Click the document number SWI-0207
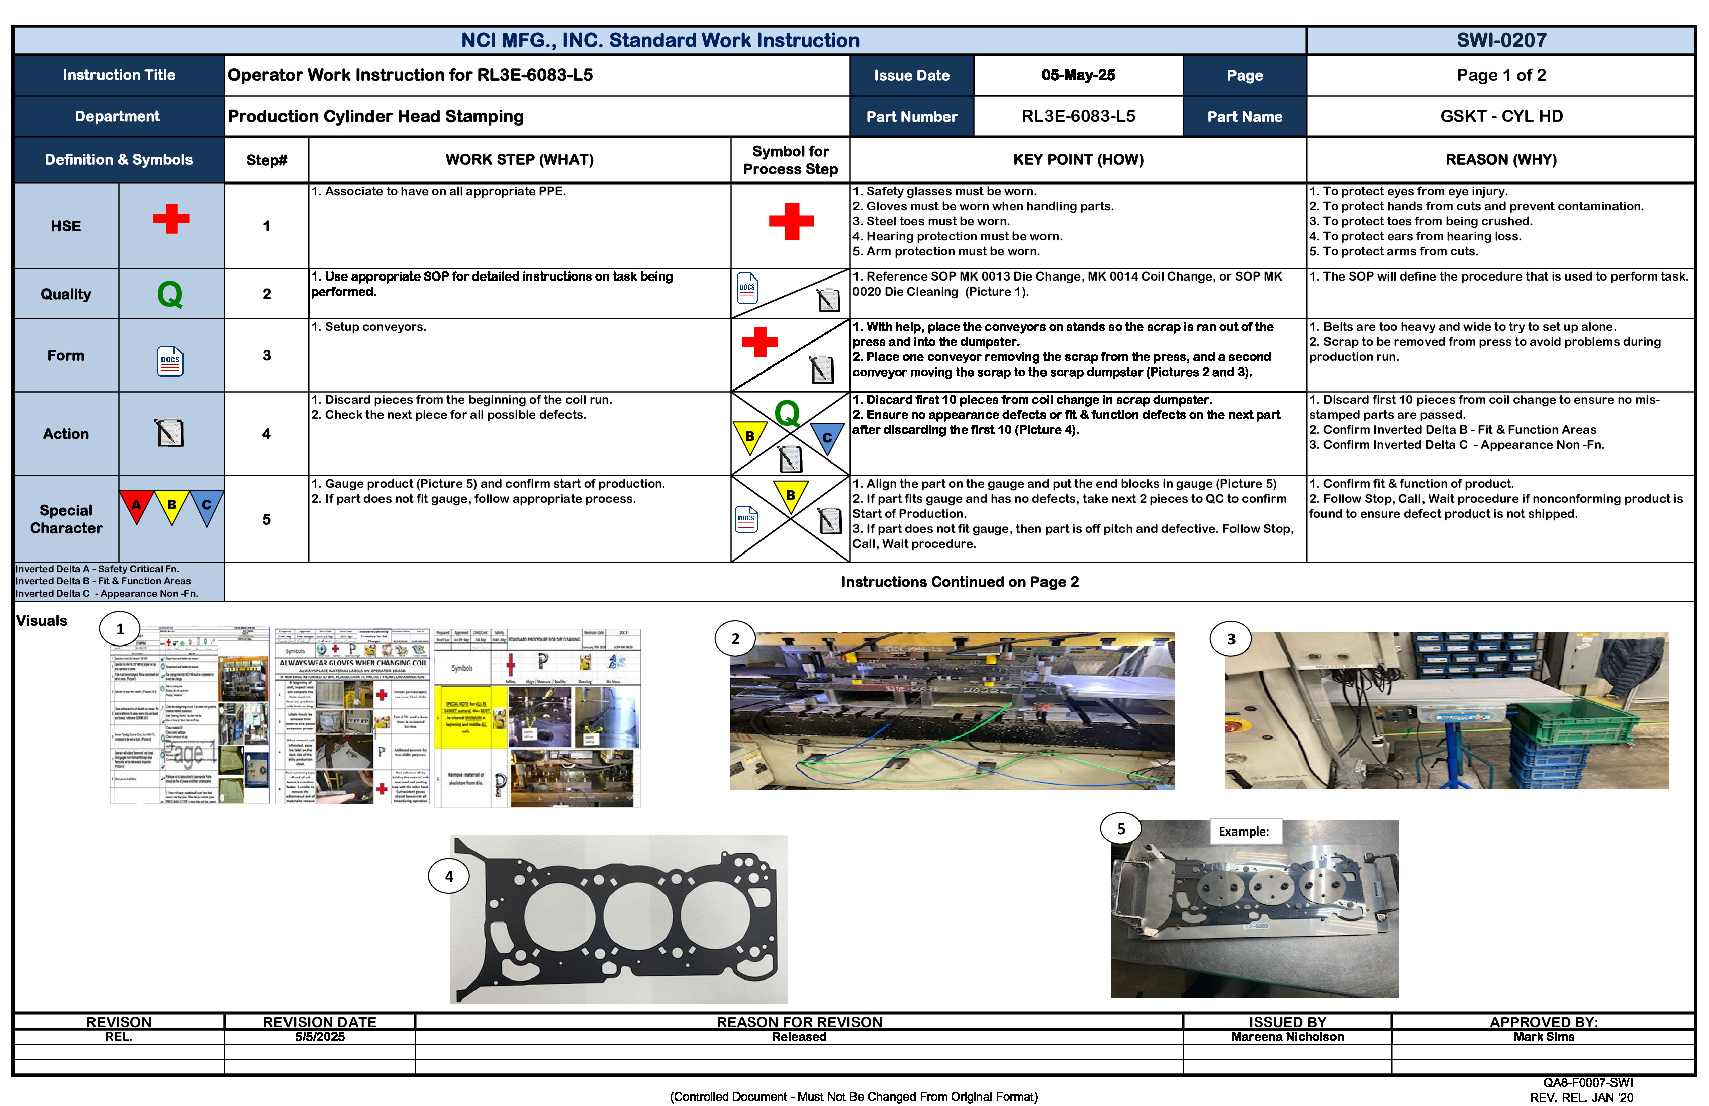(x=1501, y=40)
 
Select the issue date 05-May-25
(x=1078, y=75)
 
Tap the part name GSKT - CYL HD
(x=1501, y=116)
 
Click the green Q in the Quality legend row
(x=170, y=295)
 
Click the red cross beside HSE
(x=171, y=218)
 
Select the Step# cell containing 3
(x=266, y=355)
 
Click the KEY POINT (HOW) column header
(x=1078, y=159)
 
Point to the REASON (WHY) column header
(x=1501, y=159)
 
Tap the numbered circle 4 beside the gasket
(x=449, y=876)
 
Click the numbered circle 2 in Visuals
(x=734, y=638)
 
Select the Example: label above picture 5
(x=1244, y=832)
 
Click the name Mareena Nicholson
(x=1287, y=1037)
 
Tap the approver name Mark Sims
(x=1544, y=1037)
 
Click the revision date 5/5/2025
(x=320, y=1037)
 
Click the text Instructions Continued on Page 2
(x=960, y=582)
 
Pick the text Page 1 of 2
(x=1501, y=75)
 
